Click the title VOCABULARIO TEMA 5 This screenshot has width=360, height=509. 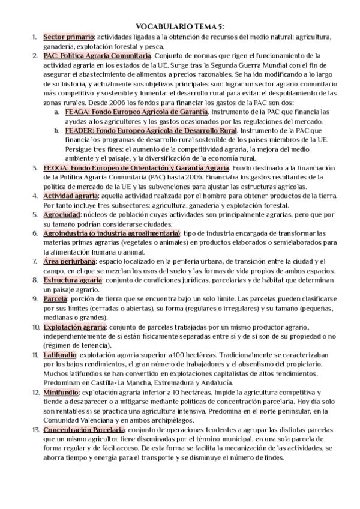click(180, 26)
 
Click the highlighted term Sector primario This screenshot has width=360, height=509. click(67, 37)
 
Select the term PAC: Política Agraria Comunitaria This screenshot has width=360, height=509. click(97, 56)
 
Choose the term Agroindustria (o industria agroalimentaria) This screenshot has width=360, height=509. click(111, 233)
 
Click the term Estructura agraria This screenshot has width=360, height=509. click(73, 280)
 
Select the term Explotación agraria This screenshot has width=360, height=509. click(74, 327)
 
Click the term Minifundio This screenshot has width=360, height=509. click(61, 392)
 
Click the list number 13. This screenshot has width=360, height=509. click(34, 430)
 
